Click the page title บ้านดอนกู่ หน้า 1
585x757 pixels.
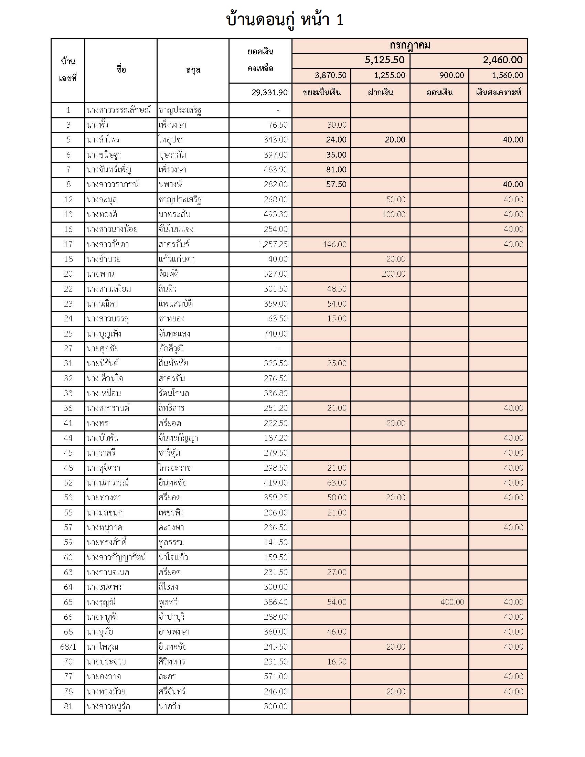[x=285, y=20]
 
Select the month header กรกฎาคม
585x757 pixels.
[x=409, y=46]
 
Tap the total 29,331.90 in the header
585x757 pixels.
[x=269, y=93]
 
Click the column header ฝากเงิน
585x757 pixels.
[x=380, y=93]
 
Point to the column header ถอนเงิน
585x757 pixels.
[x=439, y=93]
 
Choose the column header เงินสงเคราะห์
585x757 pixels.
[x=498, y=93]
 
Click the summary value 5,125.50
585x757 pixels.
[x=384, y=60]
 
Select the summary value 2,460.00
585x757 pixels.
[x=502, y=60]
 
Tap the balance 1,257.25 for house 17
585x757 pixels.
[x=273, y=244]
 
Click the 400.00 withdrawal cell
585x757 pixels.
[x=452, y=602]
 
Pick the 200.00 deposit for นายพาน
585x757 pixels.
[x=393, y=274]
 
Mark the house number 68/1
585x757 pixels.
[x=68, y=647]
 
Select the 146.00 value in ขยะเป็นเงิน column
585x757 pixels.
[x=334, y=244]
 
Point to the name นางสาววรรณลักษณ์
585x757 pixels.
[x=119, y=110]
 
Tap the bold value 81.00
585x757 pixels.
[x=336, y=170]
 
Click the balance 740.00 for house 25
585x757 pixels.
[x=276, y=334]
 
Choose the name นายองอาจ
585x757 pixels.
[x=104, y=676]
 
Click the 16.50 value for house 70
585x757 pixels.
[x=337, y=662]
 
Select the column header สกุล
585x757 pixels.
[x=193, y=70]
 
